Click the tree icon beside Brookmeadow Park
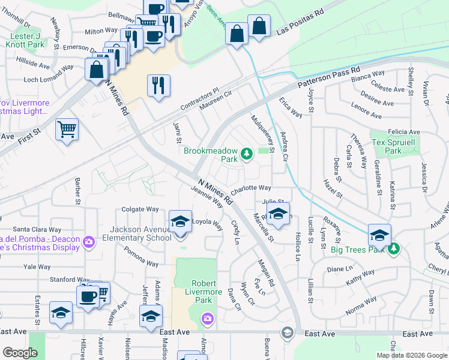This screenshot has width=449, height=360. [246, 155]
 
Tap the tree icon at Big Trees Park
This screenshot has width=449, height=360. [394, 248]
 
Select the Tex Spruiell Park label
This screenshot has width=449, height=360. [393, 147]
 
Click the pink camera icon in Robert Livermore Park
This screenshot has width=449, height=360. [207, 317]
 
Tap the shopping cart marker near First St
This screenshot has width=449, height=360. [67, 128]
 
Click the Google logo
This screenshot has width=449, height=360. [20, 353]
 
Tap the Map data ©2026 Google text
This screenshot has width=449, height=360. [412, 355]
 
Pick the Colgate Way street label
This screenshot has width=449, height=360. [140, 209]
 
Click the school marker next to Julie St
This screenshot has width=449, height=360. [278, 214]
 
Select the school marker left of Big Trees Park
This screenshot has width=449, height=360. [379, 235]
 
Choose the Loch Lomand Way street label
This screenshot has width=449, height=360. [49, 79]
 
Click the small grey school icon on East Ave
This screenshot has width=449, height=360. [288, 333]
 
